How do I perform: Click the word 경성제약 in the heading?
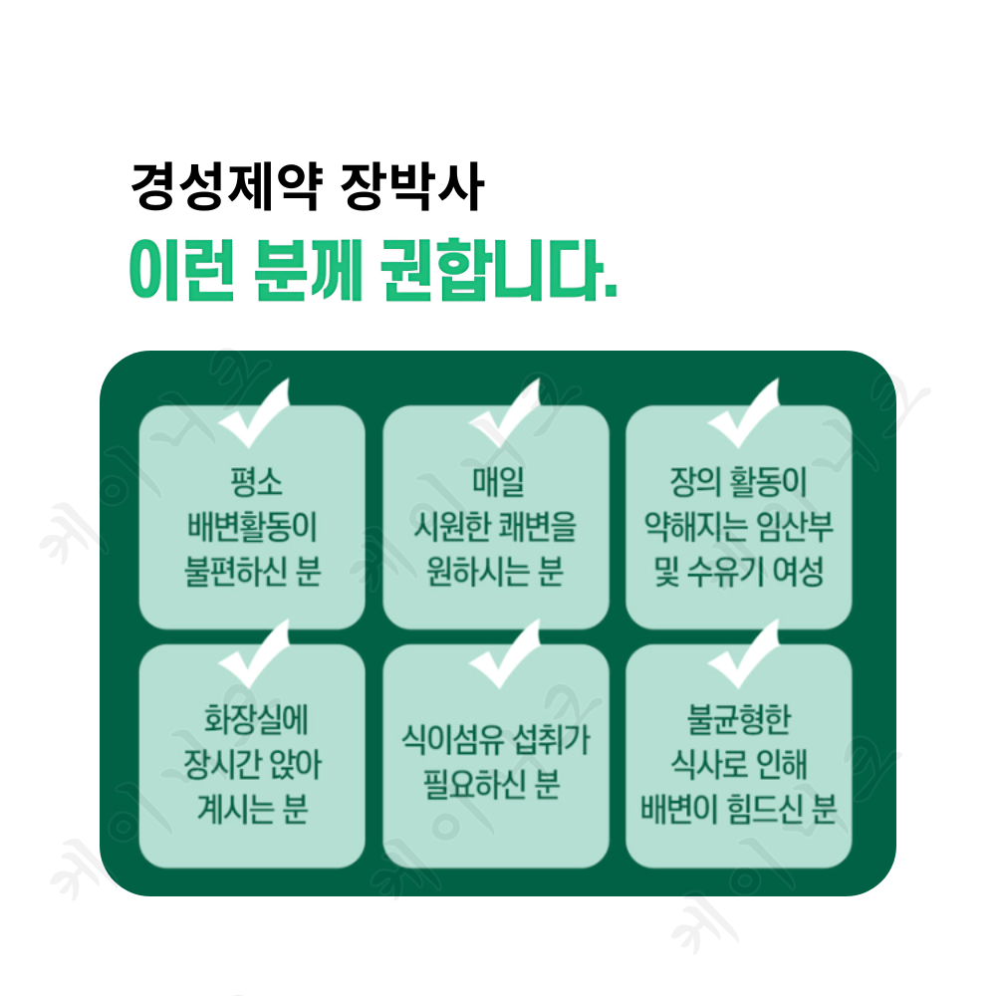227,187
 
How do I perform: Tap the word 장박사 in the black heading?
412,187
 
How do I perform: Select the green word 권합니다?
500,269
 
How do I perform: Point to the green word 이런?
181,269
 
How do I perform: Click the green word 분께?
308,269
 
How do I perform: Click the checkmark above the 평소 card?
254,413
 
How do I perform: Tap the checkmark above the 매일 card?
505,413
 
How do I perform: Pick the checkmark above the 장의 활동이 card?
743,413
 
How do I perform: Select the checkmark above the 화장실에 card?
254,653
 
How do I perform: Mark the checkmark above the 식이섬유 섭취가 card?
505,653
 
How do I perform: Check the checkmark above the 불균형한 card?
743,653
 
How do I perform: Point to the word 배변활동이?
252,526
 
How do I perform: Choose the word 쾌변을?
538,526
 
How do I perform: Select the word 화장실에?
256,719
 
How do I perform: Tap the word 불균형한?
739,719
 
